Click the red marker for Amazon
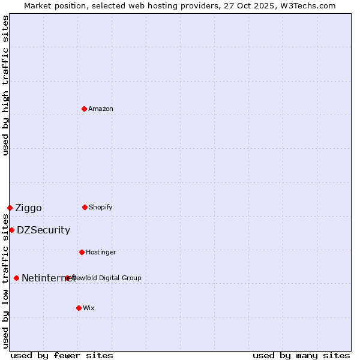[85, 109]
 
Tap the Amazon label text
[101, 109]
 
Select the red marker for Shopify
[85, 207]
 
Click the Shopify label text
[101, 208]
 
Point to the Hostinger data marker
[82, 252]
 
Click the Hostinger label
[101, 253]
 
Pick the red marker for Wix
[79, 308]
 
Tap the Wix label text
[89, 308]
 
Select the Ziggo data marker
[10, 208]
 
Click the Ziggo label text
[28, 208]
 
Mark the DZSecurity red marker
[11, 230]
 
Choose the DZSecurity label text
[43, 230]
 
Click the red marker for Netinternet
[16, 278]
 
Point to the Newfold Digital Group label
[108, 278]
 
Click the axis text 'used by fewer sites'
[62, 355]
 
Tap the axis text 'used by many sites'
[301, 355]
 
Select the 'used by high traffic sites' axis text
[6, 85]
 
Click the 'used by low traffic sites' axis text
[6, 281]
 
